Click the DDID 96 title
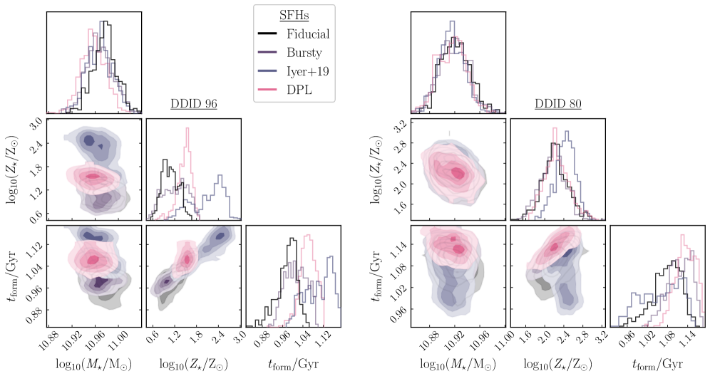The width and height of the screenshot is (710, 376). coord(193,103)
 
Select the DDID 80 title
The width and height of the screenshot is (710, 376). coord(557,103)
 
